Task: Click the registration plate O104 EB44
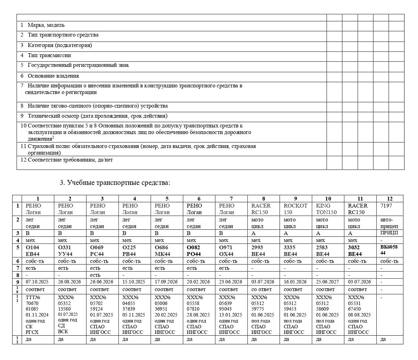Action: point(33,251)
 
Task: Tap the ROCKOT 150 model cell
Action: point(296,209)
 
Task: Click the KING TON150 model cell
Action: point(328,209)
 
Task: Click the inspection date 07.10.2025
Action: point(37,282)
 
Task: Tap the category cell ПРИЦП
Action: point(389,233)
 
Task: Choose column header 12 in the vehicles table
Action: point(389,199)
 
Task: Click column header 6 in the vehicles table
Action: point(199,199)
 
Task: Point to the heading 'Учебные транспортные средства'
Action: point(119,183)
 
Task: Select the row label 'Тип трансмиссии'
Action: point(49,55)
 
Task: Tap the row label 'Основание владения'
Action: point(53,76)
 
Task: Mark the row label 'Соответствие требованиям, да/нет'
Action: point(70,160)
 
